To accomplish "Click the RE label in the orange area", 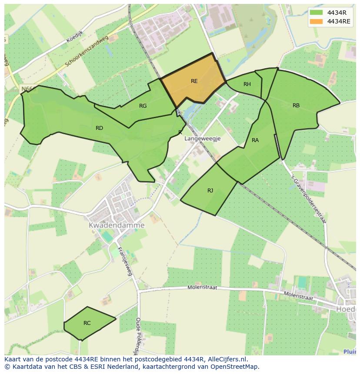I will pos(194,81).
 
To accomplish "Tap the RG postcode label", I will pos(143,106).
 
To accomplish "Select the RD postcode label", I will pos(99,128).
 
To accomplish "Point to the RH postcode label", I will pos(247,84).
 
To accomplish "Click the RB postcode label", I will pos(296,105).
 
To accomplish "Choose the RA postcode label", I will pos(255,140).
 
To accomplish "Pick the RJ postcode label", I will pos(210,190).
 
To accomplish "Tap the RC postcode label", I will pos(87,323).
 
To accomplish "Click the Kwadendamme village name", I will pos(117,225).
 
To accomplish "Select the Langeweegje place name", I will pos(203,139).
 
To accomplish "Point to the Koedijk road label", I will pos(75,37).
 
